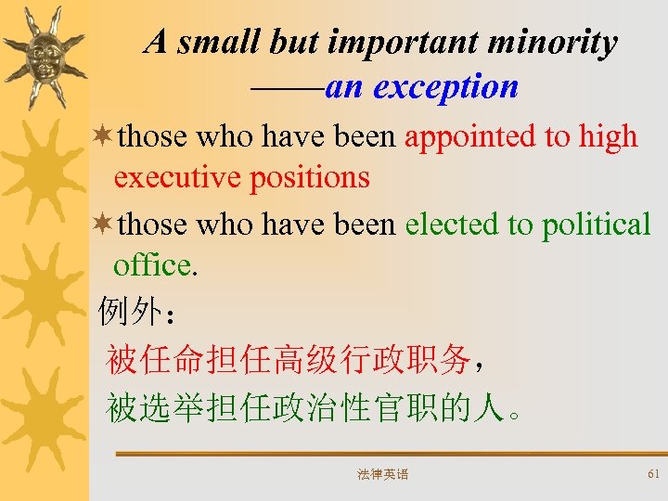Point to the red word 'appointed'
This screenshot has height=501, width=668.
(x=469, y=136)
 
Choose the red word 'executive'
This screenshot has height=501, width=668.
(x=176, y=176)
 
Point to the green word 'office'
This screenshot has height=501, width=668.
(x=152, y=265)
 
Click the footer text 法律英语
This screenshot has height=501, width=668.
(x=382, y=475)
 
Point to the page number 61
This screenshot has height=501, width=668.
(x=653, y=474)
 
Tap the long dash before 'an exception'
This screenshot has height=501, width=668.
(x=288, y=88)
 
